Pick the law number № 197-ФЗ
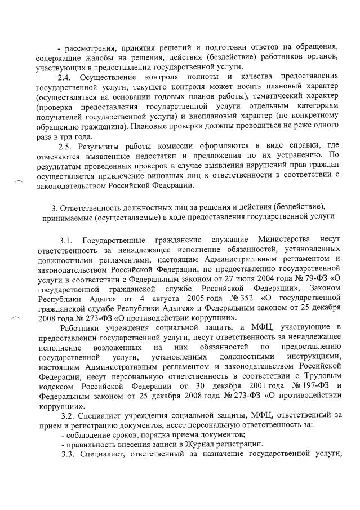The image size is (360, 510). click(x=296, y=385)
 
